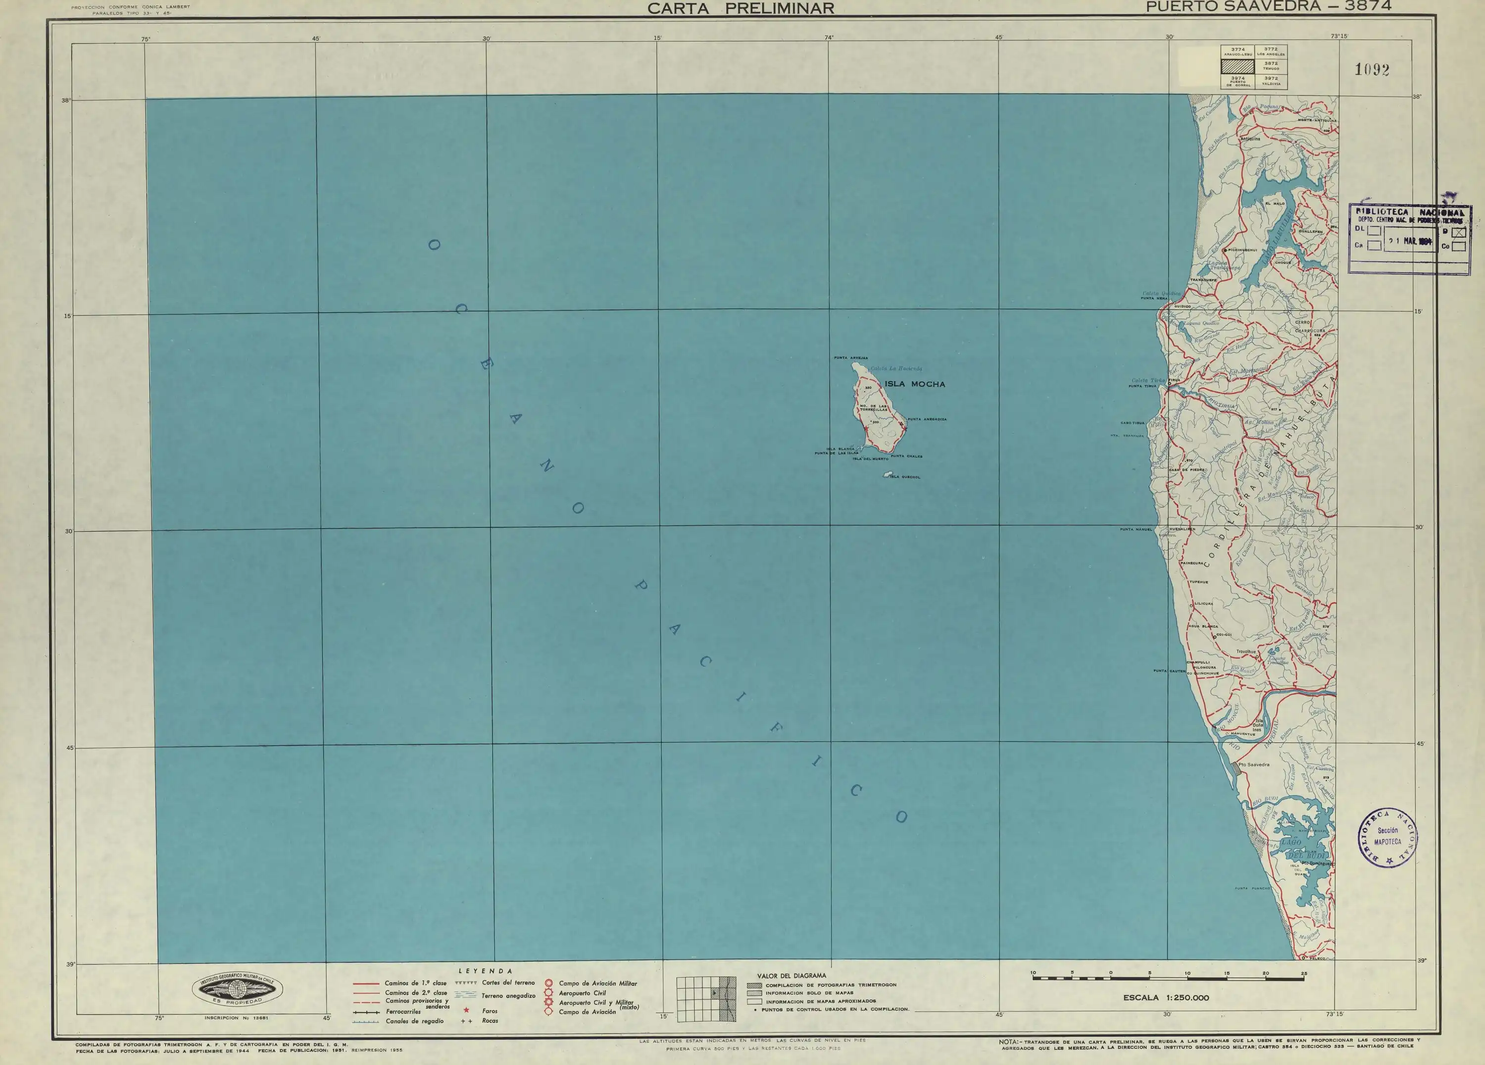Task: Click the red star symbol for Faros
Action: (x=467, y=1011)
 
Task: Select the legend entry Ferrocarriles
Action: (x=403, y=1012)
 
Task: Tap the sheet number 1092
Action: (x=1372, y=70)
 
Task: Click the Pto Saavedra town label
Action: (x=1254, y=765)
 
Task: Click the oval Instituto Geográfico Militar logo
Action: (x=237, y=990)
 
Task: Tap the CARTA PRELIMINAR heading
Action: (x=741, y=8)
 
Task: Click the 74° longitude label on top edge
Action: (x=829, y=37)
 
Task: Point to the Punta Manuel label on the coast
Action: (x=1136, y=529)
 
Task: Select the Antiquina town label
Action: (x=1250, y=139)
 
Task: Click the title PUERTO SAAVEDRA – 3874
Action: (x=1268, y=6)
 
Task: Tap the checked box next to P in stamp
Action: (x=1459, y=232)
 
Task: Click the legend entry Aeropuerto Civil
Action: (x=582, y=993)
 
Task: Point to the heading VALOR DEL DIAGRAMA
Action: (x=792, y=976)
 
